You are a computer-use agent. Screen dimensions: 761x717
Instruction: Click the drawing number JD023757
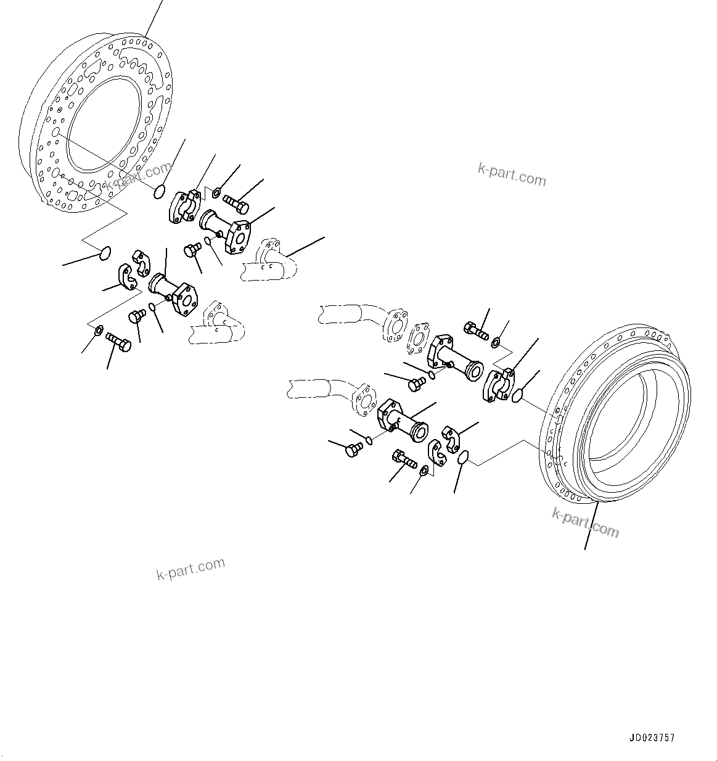[652, 738]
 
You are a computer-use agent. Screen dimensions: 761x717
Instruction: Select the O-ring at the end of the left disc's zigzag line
[105, 252]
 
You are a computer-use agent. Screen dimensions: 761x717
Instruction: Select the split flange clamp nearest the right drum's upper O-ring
[499, 386]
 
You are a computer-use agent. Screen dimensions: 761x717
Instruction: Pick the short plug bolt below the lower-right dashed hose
[353, 450]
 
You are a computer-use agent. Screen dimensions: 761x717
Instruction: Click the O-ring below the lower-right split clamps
[463, 458]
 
